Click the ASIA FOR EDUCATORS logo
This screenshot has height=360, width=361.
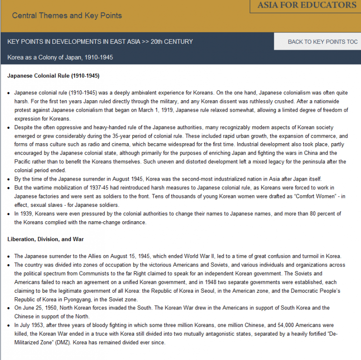coord(307,5)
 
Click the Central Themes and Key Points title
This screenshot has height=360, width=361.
coord(67,15)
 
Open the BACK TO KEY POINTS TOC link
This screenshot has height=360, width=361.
coord(323,42)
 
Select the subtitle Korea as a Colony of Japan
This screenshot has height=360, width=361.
coord(60,57)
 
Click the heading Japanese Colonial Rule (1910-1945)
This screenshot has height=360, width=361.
coord(53,76)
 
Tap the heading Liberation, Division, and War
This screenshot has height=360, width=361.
coord(46,239)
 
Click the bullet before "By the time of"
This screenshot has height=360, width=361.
coord(9,179)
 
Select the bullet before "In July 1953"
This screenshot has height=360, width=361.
coord(9,325)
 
